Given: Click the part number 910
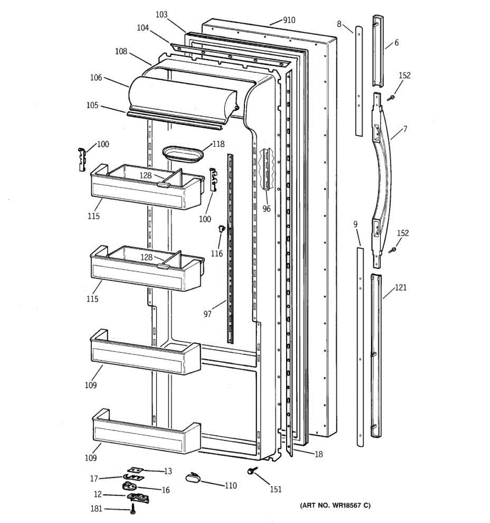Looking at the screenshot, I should tap(289, 20).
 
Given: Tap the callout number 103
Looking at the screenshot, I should tap(161, 15).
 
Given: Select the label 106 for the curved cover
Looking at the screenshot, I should tap(96, 78).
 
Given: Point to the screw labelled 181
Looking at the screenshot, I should tap(132, 508).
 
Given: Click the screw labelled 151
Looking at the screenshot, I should tap(251, 472).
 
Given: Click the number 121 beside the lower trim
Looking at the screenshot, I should tap(401, 288).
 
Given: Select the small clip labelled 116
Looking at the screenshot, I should tap(221, 228).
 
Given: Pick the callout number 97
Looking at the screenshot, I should tap(207, 314).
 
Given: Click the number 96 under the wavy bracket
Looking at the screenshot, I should tap(267, 209).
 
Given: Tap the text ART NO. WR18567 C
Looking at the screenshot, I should tap(335, 506).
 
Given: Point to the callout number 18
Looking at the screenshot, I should tap(319, 454).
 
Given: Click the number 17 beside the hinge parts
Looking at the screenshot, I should tap(94, 479).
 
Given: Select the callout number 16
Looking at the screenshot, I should tap(166, 490).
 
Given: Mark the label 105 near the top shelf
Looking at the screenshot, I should tap(92, 105).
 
